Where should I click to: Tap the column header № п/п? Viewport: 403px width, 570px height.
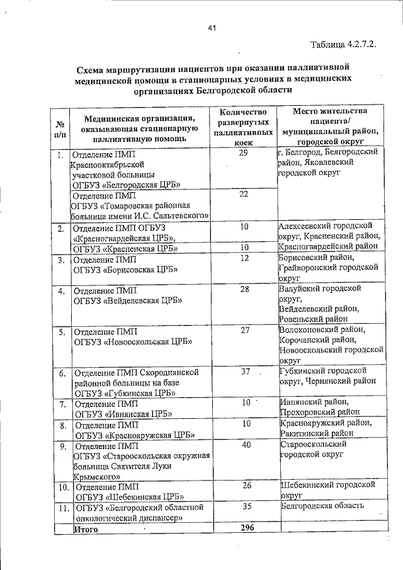pyautogui.click(x=60, y=128)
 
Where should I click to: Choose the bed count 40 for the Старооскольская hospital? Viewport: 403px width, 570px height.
pyautogui.click(x=246, y=445)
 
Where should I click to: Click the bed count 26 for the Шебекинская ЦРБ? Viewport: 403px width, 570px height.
pyautogui.click(x=246, y=485)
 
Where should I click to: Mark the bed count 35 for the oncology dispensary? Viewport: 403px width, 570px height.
pyautogui.click(x=246, y=506)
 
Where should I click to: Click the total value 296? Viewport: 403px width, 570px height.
pyautogui.click(x=246, y=528)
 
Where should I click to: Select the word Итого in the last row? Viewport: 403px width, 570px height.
pyautogui.click(x=88, y=529)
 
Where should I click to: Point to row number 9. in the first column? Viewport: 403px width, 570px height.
pyautogui.click(x=62, y=446)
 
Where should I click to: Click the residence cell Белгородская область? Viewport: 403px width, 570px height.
pyautogui.click(x=322, y=506)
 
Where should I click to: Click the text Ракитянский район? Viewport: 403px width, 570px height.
pyautogui.click(x=315, y=433)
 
